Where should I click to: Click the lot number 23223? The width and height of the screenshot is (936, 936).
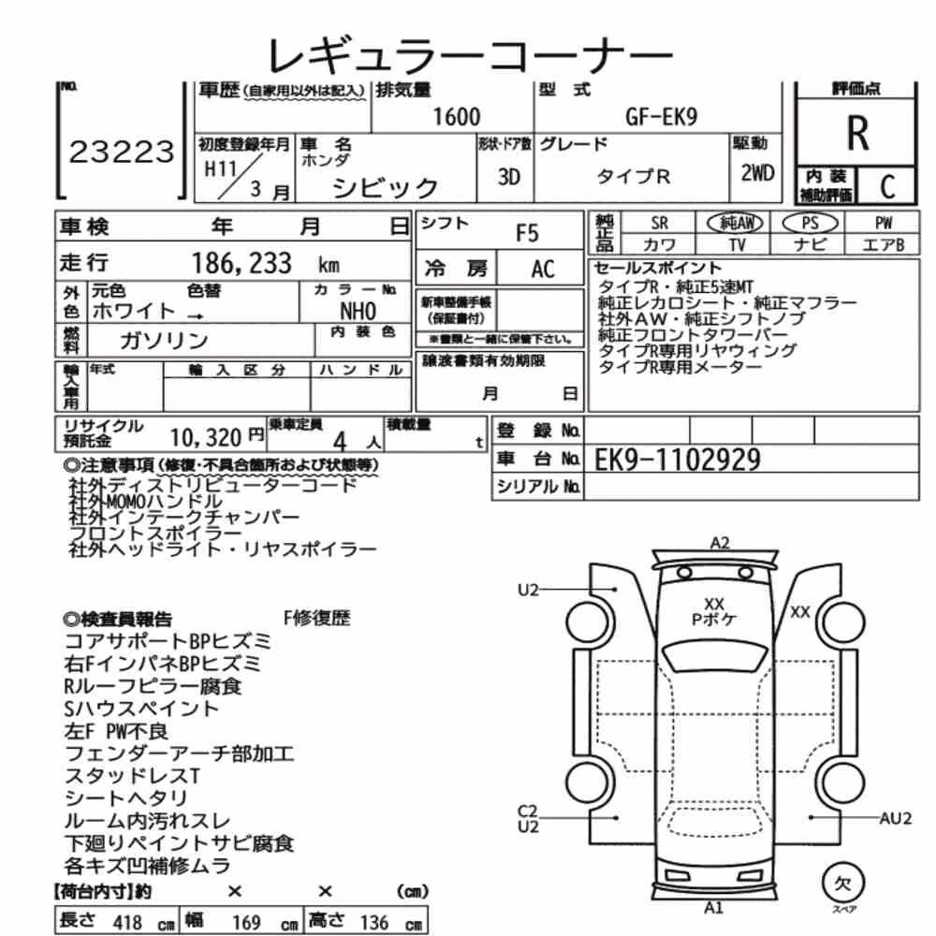tap(122, 152)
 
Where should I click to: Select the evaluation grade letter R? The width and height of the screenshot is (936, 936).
tap(857, 133)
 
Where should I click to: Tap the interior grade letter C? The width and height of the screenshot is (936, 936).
tap(887, 187)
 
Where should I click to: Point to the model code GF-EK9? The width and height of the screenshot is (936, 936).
tap(662, 116)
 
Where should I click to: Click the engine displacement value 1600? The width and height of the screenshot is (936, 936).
tap(457, 116)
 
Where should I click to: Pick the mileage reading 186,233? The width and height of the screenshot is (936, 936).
tap(241, 263)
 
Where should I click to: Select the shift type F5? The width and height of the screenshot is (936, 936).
tap(527, 233)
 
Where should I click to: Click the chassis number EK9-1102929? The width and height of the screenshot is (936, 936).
tap(678, 460)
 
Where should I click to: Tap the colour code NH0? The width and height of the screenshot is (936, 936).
tap(358, 311)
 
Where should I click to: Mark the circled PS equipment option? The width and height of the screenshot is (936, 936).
tap(810, 224)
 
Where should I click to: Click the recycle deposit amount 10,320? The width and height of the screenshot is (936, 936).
tap(206, 437)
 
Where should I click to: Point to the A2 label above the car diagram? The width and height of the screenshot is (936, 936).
tap(720, 543)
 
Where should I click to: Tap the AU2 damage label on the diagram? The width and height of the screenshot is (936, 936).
tap(896, 818)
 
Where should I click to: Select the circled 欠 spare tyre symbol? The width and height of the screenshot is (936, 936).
tap(843, 884)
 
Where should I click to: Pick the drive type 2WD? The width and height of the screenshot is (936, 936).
tap(757, 173)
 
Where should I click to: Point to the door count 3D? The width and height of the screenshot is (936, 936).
tap(508, 177)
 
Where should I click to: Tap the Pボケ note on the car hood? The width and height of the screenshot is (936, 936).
tap(714, 620)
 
